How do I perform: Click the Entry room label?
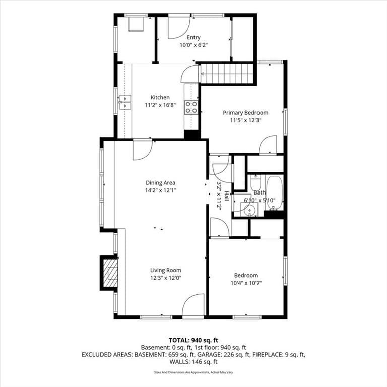click(x=193, y=37)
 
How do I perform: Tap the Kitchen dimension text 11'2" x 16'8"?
click(x=160, y=105)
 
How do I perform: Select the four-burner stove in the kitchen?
click(x=191, y=108)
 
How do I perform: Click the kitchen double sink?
click(x=125, y=102)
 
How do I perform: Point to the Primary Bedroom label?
click(x=245, y=113)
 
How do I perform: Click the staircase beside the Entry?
click(x=226, y=74)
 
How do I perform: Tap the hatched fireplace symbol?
click(x=110, y=273)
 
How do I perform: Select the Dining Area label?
click(x=160, y=183)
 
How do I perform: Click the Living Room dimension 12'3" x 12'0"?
click(x=166, y=278)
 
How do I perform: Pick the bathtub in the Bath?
click(x=275, y=193)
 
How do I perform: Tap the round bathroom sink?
click(x=249, y=210)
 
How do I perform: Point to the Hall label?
click(x=226, y=195)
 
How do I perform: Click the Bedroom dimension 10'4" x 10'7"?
click(x=246, y=283)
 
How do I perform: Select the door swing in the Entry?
click(x=179, y=28)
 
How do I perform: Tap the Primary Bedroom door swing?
click(x=268, y=145)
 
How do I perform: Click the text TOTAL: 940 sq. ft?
click(x=193, y=340)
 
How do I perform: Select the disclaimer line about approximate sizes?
click(x=193, y=372)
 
